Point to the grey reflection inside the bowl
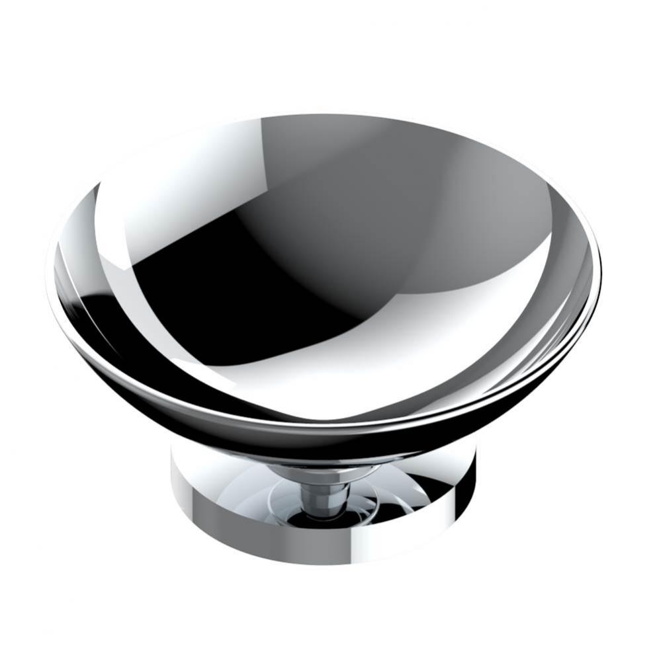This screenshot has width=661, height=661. pyautogui.click(x=410, y=218)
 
